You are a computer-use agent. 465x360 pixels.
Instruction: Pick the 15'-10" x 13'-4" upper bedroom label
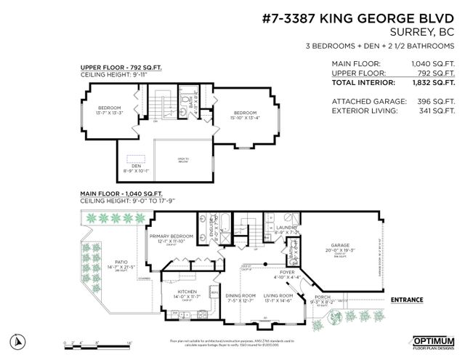click(x=244, y=113)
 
